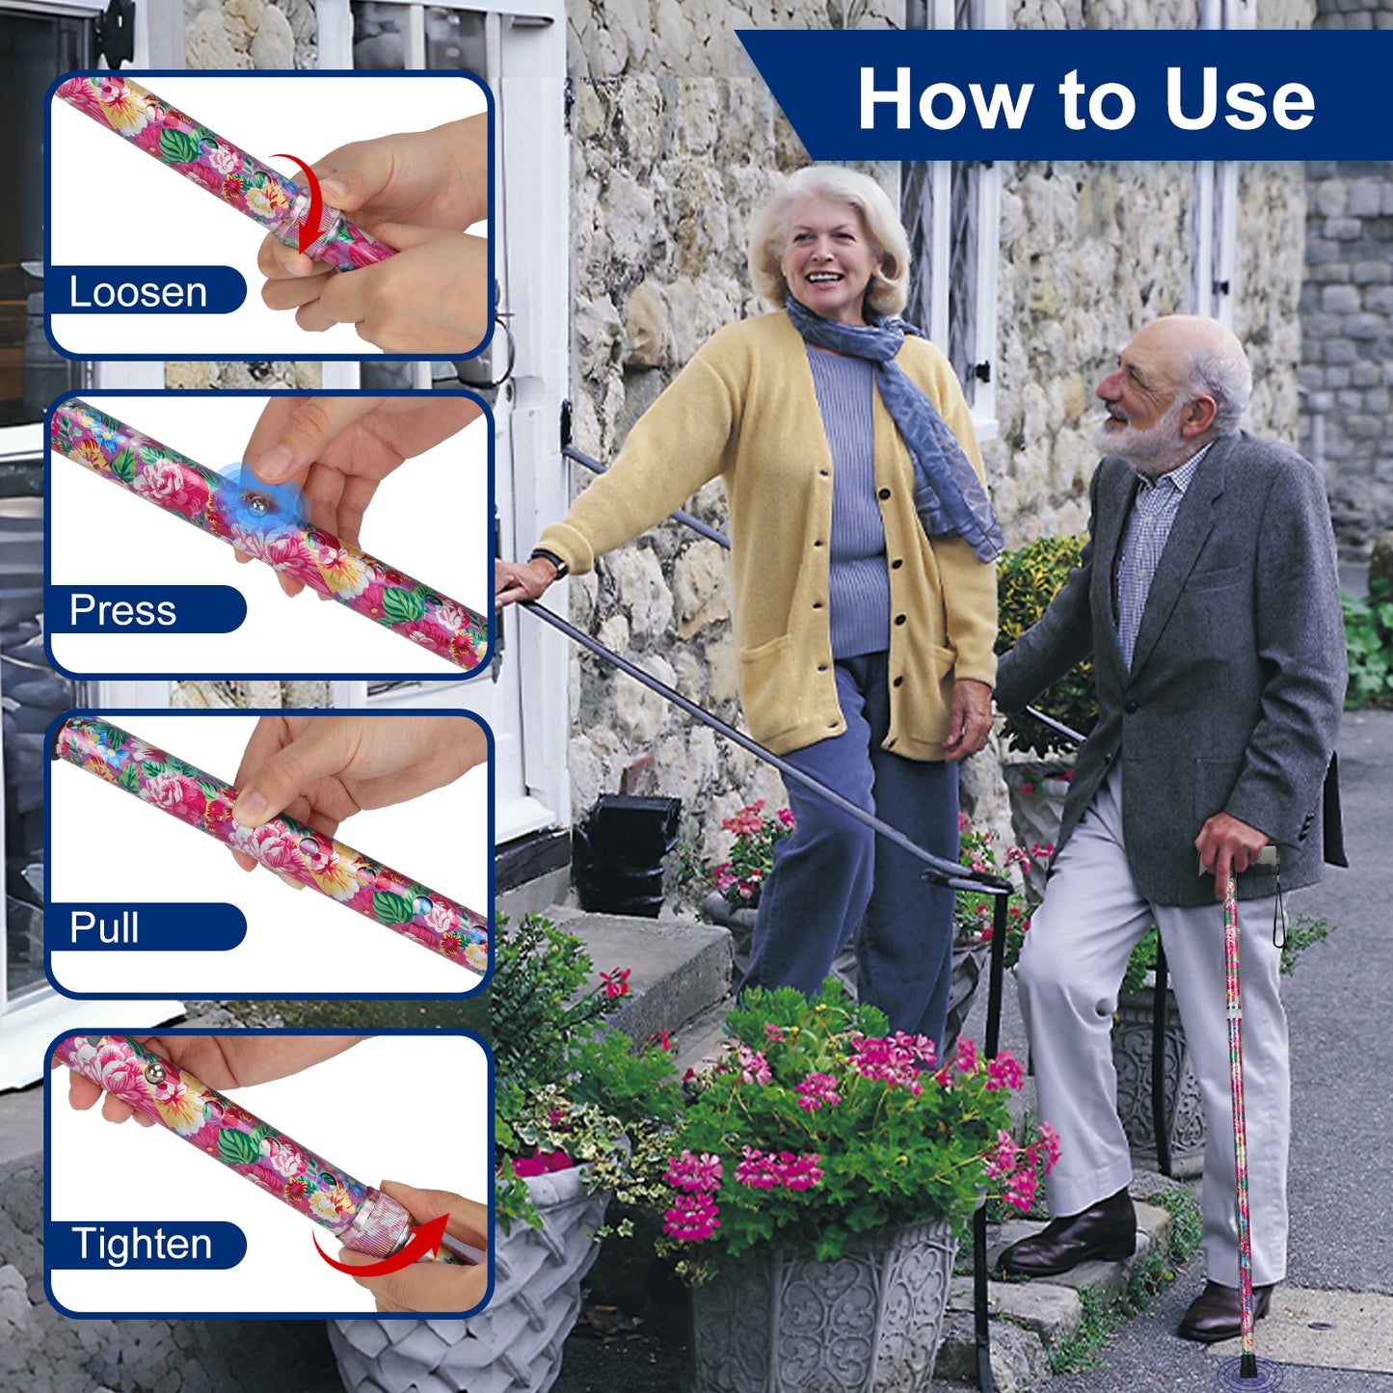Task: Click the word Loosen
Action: tap(138, 292)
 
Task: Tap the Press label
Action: tap(122, 610)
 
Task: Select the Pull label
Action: tap(104, 927)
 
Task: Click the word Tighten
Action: tap(142, 1245)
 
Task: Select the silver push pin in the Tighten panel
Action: tap(154, 1075)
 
